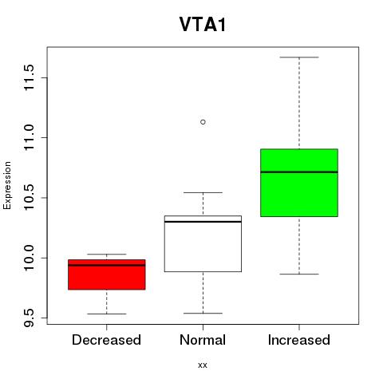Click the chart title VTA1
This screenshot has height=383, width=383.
[x=203, y=25]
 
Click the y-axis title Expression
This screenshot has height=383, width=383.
[x=7, y=185]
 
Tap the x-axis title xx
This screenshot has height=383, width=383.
[x=203, y=365]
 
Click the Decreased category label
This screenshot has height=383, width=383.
[x=106, y=340]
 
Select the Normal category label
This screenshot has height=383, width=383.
[x=203, y=340]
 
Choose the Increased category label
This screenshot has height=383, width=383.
[x=299, y=340]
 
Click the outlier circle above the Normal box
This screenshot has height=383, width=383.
[x=203, y=122]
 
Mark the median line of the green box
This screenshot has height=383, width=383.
[x=299, y=172]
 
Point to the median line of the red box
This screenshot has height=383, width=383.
[x=107, y=265]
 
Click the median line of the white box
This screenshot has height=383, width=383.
[x=203, y=222]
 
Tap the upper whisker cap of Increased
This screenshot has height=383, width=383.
[x=299, y=57]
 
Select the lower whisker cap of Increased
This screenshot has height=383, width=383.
[x=299, y=274]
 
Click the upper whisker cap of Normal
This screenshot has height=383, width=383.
[x=203, y=192]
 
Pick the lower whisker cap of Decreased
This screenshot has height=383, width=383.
[x=107, y=314]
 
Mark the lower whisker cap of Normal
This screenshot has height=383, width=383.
[x=203, y=314]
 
